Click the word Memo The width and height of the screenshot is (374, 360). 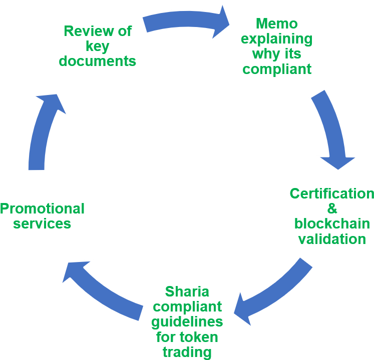coord(276,23)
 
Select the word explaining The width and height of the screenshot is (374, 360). coord(276,38)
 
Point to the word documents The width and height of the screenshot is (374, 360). coord(97,61)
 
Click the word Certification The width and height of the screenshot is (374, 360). coord(331,193)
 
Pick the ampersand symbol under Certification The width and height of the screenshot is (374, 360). coord(332,208)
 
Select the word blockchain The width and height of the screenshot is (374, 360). coord(332,223)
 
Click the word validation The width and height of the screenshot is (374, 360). coord(332,238)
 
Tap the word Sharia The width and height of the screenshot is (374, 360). coord(187,291)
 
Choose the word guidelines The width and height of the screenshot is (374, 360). coord(187,321)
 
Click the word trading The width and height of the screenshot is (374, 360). coord(187,351)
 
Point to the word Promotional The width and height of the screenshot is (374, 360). coord(42,208)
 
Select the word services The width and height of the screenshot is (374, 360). coord(42,223)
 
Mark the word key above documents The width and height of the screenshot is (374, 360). coord(97,46)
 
